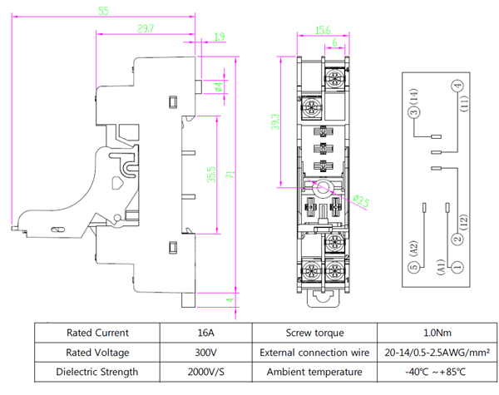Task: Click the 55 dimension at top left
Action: (x=103, y=11)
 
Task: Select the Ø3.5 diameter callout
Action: (x=363, y=201)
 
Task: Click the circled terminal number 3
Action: (x=413, y=112)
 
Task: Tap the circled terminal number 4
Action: (x=457, y=86)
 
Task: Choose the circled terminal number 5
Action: (x=413, y=267)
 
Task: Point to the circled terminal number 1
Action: (x=457, y=267)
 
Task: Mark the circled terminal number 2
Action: (x=457, y=239)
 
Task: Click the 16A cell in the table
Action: (x=207, y=332)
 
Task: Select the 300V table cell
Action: (x=207, y=352)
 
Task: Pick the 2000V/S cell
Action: (x=207, y=372)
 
